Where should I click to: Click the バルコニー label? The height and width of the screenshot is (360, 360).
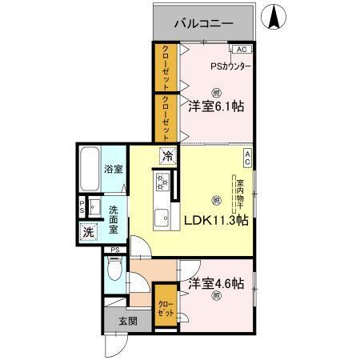click(205, 24)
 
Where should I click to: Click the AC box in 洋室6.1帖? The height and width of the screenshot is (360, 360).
click(242, 49)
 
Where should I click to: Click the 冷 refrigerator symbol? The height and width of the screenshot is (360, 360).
click(168, 157)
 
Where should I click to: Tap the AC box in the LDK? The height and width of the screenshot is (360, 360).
click(248, 158)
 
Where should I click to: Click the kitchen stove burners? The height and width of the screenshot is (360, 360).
click(163, 183)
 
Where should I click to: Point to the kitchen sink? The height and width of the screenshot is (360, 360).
click(162, 216)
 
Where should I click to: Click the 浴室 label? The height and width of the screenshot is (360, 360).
click(114, 169)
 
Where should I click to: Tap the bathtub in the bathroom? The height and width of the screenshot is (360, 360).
click(90, 168)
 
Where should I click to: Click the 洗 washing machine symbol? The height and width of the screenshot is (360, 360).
click(87, 233)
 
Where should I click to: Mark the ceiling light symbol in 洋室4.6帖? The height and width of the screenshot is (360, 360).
click(217, 298)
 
